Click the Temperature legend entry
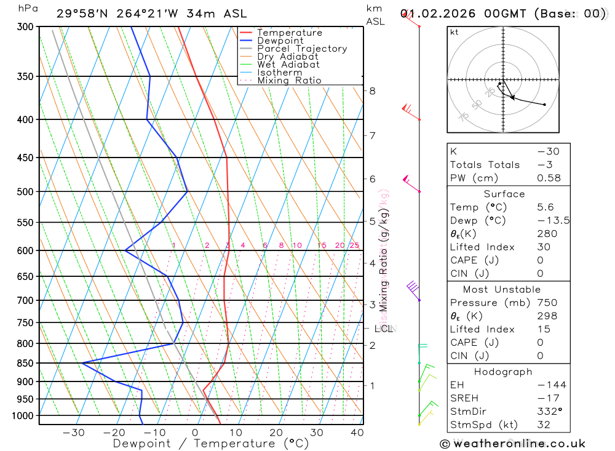tap(289, 33)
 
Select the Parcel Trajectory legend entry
tap(302, 49)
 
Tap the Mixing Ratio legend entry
tap(289, 81)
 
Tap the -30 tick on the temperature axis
tap(74, 433)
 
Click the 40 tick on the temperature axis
tap(357, 433)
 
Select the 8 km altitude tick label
tap(372, 91)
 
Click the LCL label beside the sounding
tap(383, 329)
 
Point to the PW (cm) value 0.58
tap(549, 178)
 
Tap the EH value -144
tap(551, 385)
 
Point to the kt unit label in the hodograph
tap(454, 32)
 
